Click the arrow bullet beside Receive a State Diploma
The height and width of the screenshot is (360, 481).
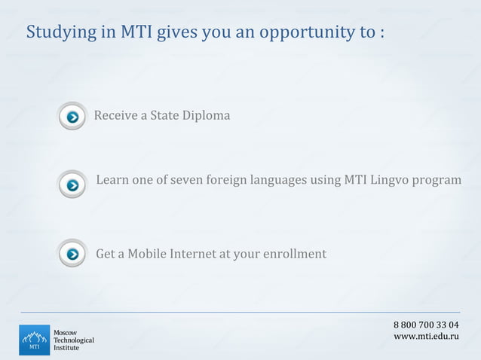tap(72, 117)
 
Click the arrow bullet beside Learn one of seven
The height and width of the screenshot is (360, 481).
tap(72, 185)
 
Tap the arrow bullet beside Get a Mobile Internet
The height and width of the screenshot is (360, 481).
tap(72, 254)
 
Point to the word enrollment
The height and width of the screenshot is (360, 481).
tap(294, 254)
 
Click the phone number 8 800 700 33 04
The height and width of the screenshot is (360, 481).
tap(426, 325)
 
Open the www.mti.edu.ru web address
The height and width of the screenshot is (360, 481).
tap(426, 336)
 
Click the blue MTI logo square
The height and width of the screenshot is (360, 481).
tap(33, 340)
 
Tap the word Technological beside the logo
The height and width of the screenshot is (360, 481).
tap(73, 340)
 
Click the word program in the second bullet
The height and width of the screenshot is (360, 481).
tap(439, 181)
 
